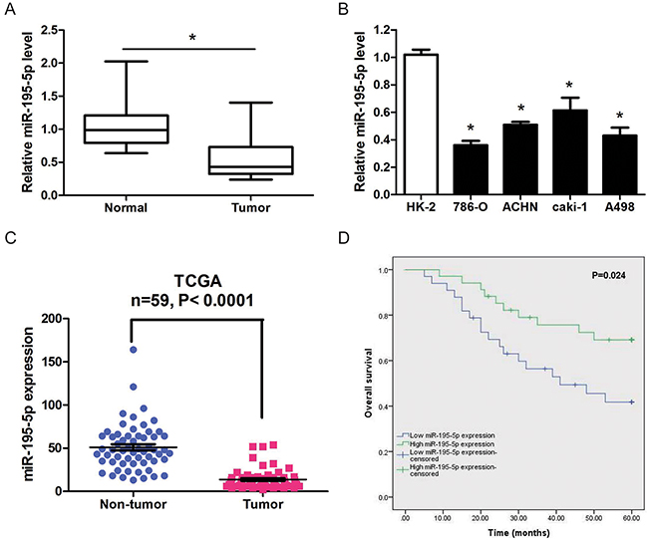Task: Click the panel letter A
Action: pyautogui.click(x=11, y=12)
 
